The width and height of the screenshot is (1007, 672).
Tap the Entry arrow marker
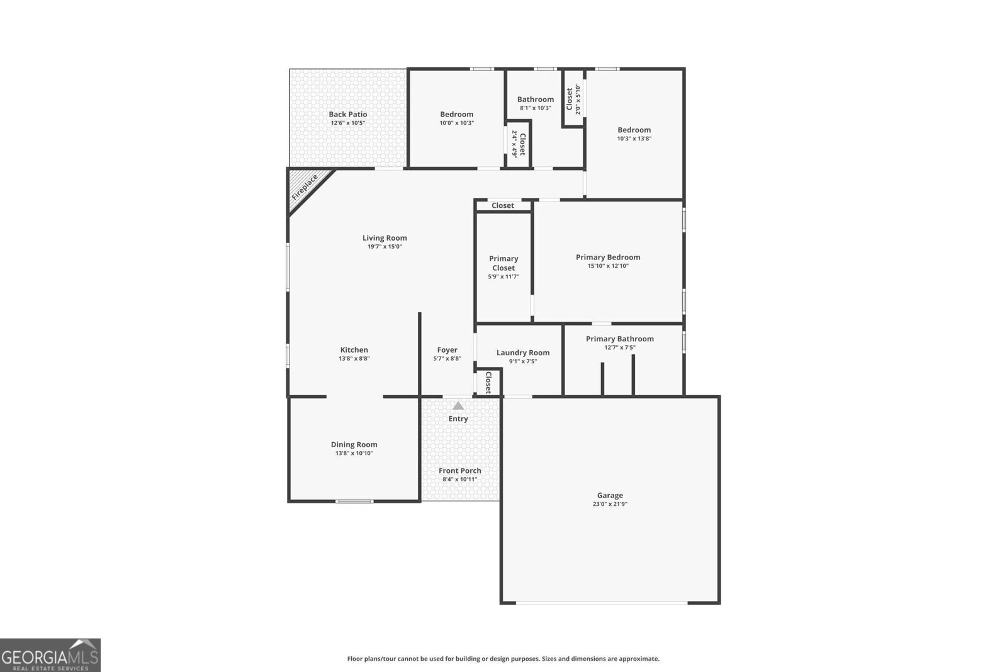coord(458,406)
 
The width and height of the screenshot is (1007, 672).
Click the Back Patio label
coord(347,114)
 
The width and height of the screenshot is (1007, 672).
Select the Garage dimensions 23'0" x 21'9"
coord(610,504)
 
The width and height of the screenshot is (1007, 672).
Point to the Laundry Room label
coord(522,353)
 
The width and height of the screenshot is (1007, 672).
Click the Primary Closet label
coord(503,263)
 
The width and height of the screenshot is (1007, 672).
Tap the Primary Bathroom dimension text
coord(620,348)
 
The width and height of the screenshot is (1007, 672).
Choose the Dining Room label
coord(354,444)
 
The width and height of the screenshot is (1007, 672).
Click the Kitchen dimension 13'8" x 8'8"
coord(354,359)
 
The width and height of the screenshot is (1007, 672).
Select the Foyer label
coord(447,350)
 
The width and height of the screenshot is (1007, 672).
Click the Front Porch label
coord(459,470)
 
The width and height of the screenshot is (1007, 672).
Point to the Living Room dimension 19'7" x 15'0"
coord(385,247)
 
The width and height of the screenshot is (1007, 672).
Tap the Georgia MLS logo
coord(50,655)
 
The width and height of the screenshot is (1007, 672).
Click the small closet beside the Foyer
coord(488,382)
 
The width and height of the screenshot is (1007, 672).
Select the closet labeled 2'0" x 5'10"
coord(573,98)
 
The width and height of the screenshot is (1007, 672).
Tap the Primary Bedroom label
coord(607,257)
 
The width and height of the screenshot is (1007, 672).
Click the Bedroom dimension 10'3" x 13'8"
coord(634,139)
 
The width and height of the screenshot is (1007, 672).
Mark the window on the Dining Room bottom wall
coord(354,501)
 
